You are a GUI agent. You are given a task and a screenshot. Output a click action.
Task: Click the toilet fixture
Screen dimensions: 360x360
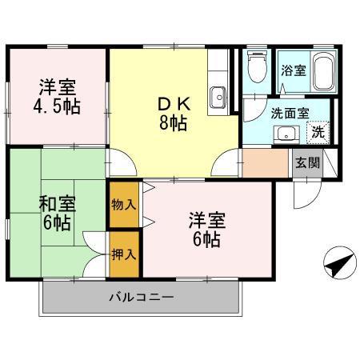tap(256, 68)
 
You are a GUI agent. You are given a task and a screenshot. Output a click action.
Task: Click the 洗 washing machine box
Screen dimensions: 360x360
tap(318, 131)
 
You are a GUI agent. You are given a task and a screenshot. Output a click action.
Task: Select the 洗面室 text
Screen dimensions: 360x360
tap(289, 112)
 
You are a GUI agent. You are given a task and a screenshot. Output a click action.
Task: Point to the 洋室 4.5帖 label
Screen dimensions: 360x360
tap(58, 97)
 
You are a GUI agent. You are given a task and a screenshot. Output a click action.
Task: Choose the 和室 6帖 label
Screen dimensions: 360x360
tap(56, 212)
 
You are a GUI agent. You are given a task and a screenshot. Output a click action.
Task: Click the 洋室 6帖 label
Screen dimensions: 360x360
tap(206, 230)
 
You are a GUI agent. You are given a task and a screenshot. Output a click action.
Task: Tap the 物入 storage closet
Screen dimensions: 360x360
tap(124, 205)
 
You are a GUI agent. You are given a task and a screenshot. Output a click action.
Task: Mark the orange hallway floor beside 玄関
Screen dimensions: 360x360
tap(264, 162)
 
